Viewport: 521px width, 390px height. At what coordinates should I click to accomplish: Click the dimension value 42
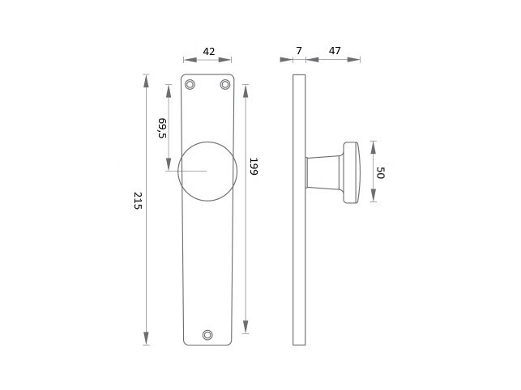(209, 52)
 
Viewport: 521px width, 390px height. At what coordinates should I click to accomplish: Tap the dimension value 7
(299, 51)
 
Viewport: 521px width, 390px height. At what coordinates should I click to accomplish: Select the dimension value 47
(335, 51)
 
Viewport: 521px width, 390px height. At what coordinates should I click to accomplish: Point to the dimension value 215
(138, 201)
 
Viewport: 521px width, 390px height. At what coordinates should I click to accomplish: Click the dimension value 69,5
(162, 128)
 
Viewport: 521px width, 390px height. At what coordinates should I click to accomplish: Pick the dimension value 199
(254, 167)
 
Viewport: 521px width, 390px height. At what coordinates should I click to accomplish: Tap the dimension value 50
(380, 173)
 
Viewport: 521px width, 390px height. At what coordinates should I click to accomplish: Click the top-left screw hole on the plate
(190, 84)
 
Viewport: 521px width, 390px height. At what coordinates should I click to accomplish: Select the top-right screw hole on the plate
(225, 84)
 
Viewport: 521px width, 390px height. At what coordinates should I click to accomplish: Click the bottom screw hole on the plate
(207, 335)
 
